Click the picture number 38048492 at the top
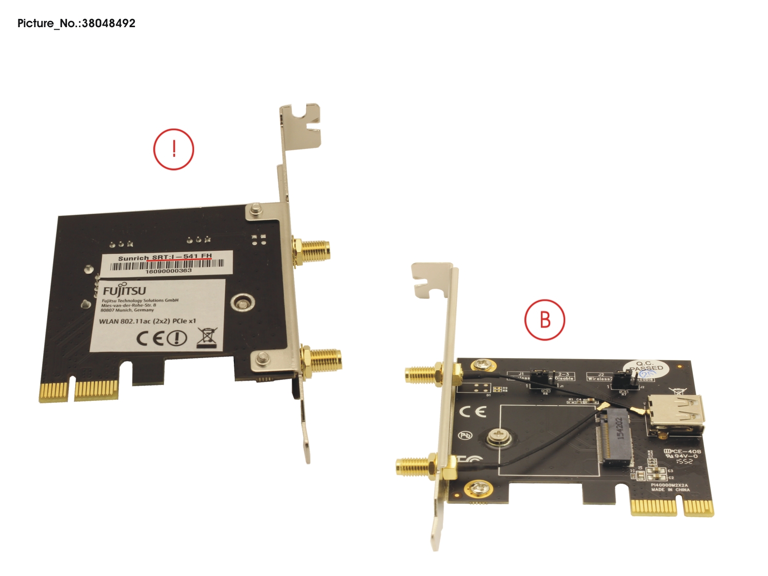tap(108, 23)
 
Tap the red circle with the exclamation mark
tap(174, 149)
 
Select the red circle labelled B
tap(545, 320)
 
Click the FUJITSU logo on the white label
tap(124, 290)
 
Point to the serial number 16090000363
tap(169, 271)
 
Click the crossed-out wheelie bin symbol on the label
tap(207, 338)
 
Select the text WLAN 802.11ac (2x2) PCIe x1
tap(147, 321)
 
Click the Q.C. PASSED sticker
tap(646, 368)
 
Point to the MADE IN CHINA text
tap(670, 490)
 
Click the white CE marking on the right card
tap(473, 412)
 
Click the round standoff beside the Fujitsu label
tap(242, 303)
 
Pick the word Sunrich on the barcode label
tap(133, 258)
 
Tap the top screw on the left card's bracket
tap(256, 210)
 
